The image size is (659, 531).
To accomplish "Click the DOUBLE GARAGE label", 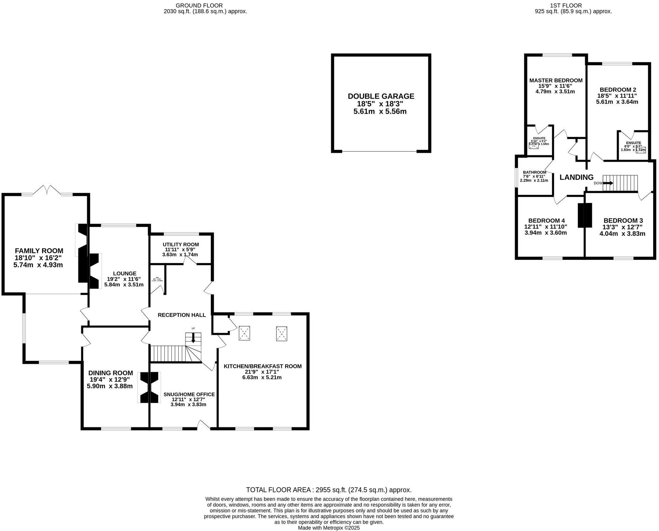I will (x=381, y=96).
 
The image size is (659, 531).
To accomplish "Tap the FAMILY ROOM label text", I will (x=39, y=251).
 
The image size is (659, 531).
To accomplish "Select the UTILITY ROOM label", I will (x=181, y=244).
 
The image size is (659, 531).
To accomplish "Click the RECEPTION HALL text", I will (x=182, y=315).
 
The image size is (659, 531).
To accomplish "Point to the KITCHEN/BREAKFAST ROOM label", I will (x=262, y=366).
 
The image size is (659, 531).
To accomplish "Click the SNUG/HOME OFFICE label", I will (x=189, y=394).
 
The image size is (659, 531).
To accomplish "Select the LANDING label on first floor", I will (x=576, y=177).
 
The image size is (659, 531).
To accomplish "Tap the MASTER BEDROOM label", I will (x=556, y=80).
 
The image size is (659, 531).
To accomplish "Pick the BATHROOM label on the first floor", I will (x=534, y=172).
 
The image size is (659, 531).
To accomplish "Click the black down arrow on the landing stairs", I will (x=608, y=183).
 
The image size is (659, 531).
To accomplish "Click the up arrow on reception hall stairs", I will (x=193, y=338).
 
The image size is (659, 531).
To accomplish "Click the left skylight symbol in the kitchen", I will (x=244, y=333).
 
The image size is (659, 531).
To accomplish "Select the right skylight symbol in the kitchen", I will (x=282, y=333).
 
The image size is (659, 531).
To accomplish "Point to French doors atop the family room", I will (x=46, y=190).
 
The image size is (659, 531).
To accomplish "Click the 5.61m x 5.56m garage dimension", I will (x=380, y=111).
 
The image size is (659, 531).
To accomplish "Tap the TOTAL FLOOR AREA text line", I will (x=328, y=490).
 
